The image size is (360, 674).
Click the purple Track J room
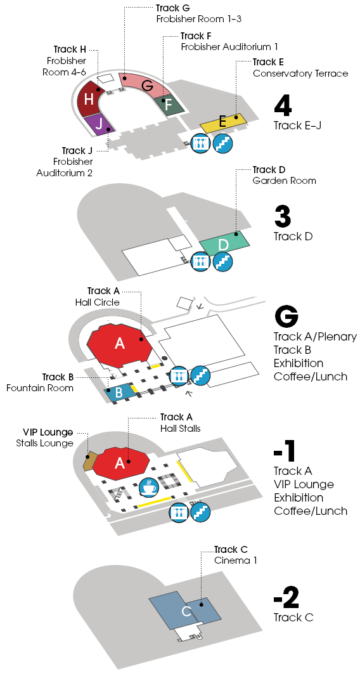click(100, 125)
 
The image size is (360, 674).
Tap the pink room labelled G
click(146, 86)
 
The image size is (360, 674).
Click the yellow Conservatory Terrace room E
click(223, 122)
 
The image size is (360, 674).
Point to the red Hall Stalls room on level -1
click(120, 462)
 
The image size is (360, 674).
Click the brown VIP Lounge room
click(89, 462)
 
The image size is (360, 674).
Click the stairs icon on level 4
click(223, 143)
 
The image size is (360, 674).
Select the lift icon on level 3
click(200, 261)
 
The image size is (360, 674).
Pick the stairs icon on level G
click(201, 376)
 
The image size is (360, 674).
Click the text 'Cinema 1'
click(236, 561)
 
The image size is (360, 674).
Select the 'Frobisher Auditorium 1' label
click(229, 46)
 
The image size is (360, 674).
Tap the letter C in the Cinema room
click(186, 611)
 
